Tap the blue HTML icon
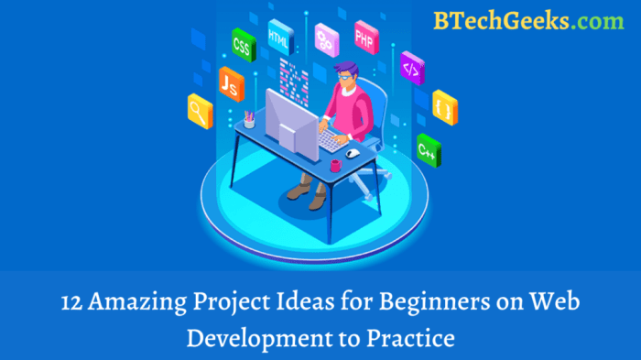(x=279, y=36)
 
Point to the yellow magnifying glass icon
(x=200, y=110)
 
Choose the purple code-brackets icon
(x=413, y=68)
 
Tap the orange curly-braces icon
(x=444, y=105)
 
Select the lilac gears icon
(x=325, y=37)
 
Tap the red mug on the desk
(x=335, y=166)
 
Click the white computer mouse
(x=352, y=152)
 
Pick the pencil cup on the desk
(x=250, y=119)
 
